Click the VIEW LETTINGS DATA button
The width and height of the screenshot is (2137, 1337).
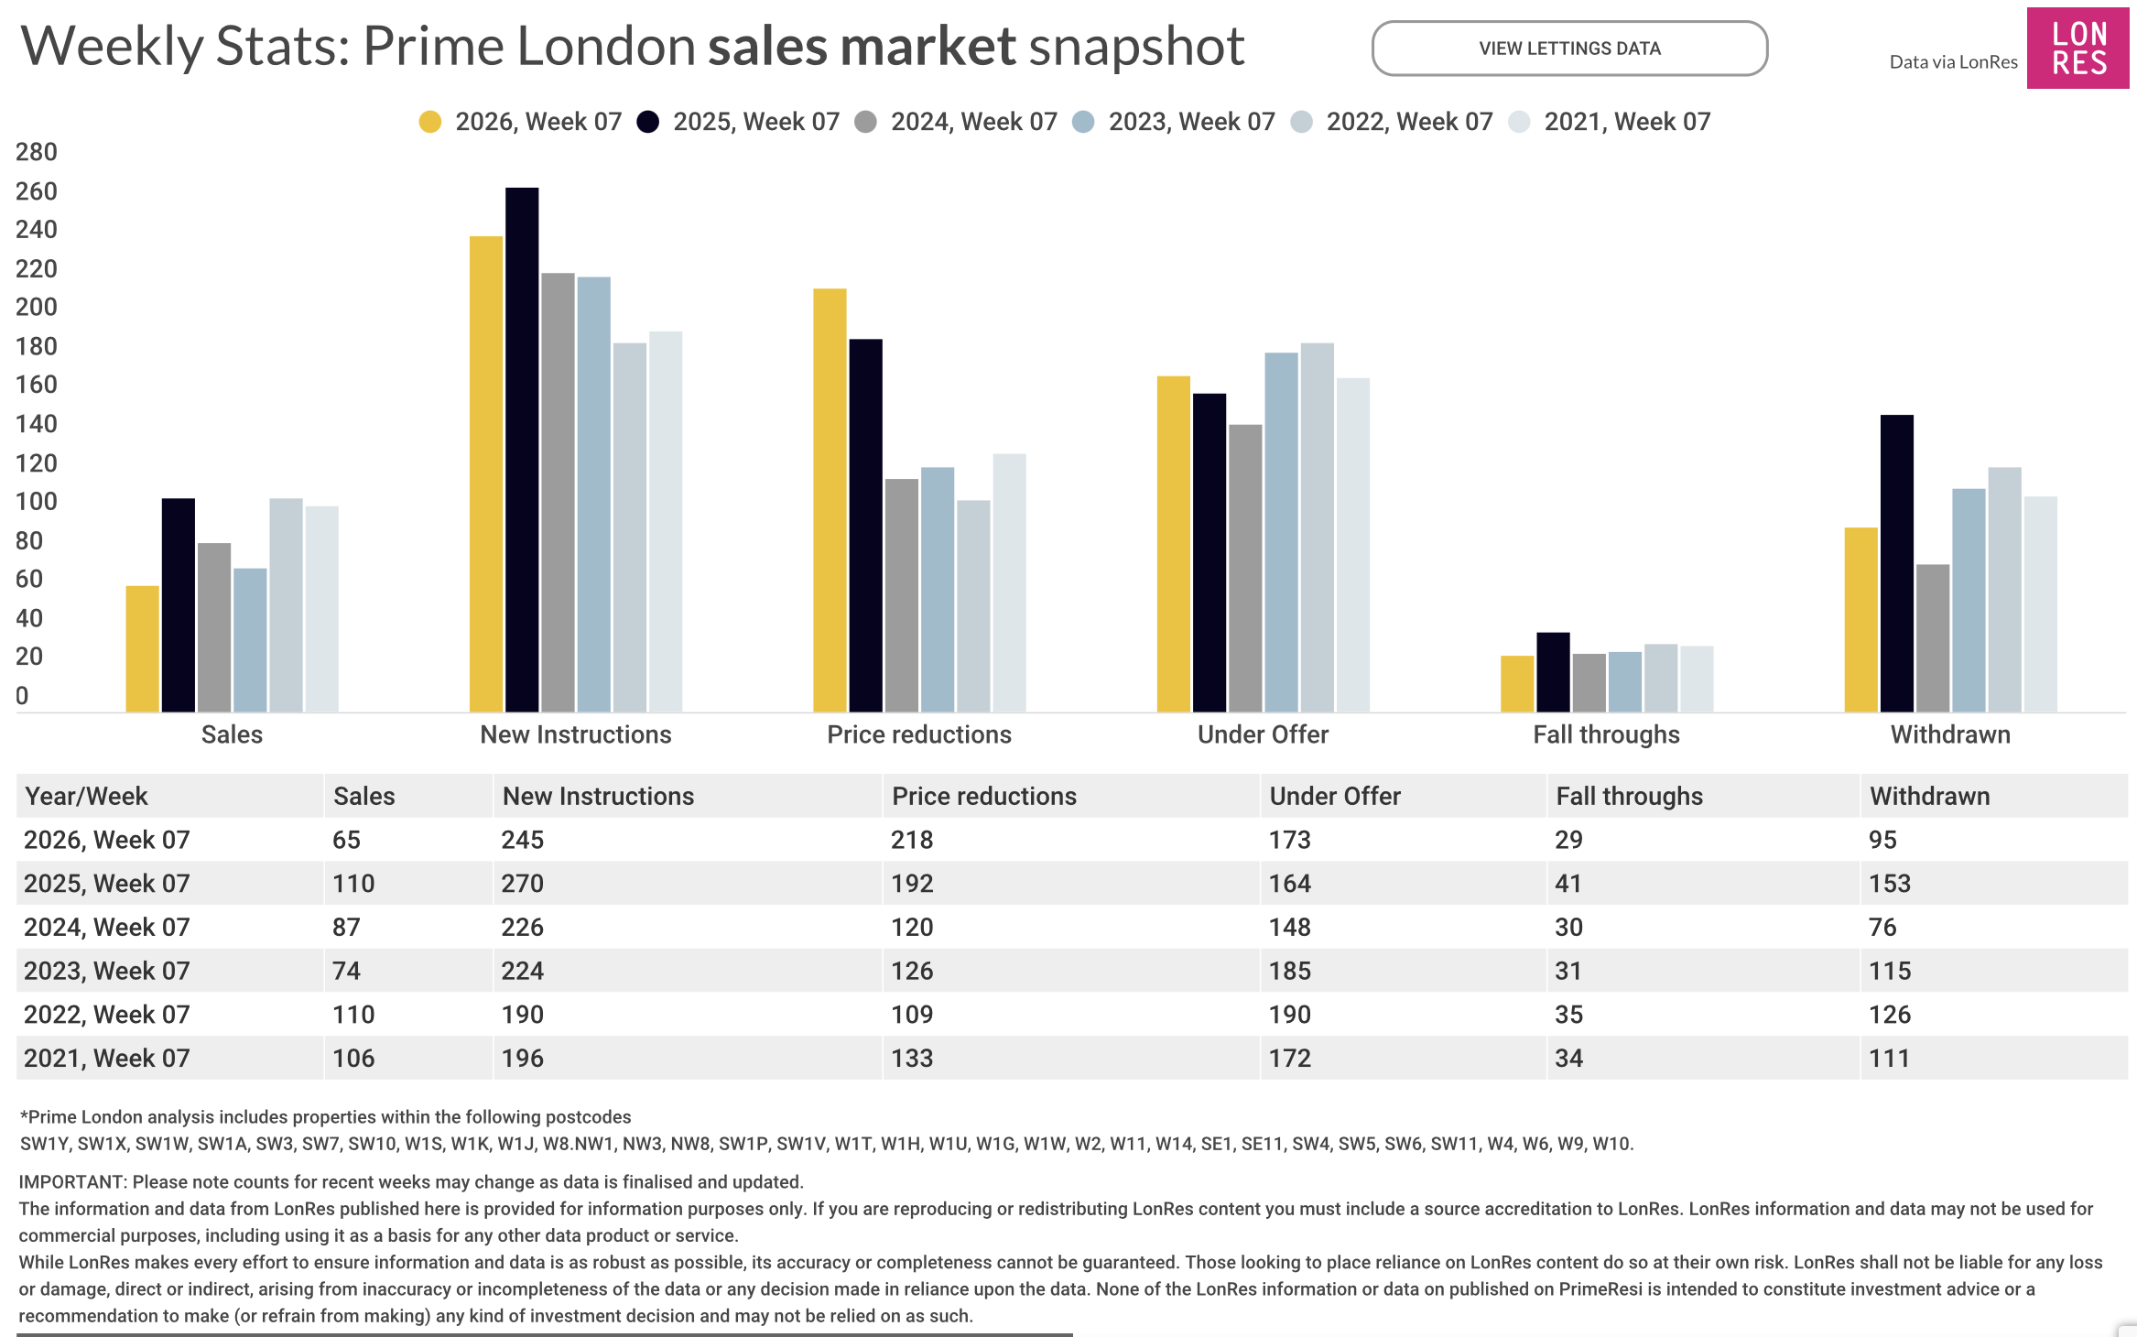[1569, 49]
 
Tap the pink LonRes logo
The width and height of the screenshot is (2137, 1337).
[2077, 49]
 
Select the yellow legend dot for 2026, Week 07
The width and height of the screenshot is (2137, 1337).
[429, 122]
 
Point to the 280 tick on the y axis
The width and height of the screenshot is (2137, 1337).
[37, 152]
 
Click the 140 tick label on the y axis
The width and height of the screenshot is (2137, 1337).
[37, 424]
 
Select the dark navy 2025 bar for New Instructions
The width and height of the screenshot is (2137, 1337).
[522, 449]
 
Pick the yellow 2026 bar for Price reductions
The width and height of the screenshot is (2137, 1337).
[830, 500]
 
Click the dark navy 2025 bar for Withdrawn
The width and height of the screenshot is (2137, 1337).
[1896, 563]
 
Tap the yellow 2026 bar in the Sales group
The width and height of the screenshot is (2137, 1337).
[142, 648]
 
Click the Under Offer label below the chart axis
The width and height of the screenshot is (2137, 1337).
[1263, 734]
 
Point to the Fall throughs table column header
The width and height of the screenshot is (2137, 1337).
[1629, 796]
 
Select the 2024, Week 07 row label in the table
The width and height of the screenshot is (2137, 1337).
[107, 927]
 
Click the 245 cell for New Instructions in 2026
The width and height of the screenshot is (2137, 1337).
[523, 840]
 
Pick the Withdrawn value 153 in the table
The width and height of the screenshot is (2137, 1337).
[1890, 884]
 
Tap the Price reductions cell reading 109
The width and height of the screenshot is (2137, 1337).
[912, 1015]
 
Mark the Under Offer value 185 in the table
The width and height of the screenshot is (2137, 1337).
[1289, 971]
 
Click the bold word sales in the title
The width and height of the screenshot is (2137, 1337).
[765, 46]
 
